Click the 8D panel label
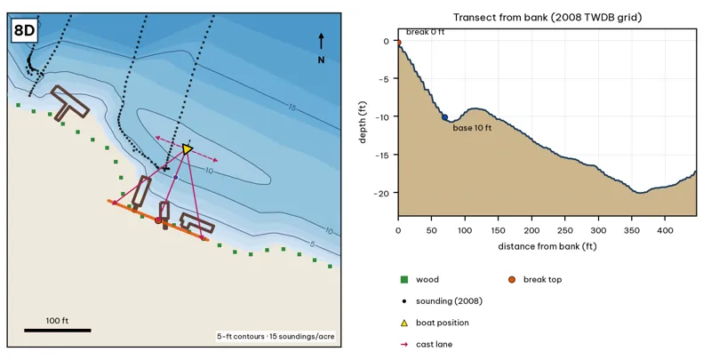tap(25, 31)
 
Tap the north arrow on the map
tap(321, 41)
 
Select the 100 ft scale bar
tap(58, 330)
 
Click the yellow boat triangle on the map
tap(187, 148)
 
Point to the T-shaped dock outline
tap(68, 103)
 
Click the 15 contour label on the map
tap(292, 108)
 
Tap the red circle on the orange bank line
tap(158, 220)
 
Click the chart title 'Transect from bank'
tap(547, 18)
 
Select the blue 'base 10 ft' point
tap(445, 117)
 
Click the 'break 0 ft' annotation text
tap(425, 32)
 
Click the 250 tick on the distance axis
tap(565, 230)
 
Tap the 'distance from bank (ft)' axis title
tap(547, 246)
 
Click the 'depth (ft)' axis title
tap(363, 123)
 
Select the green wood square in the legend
tap(404, 279)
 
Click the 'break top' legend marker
tap(512, 279)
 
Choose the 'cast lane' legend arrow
tap(404, 344)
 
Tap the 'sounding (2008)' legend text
tap(449, 301)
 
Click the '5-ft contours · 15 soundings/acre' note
tap(276, 336)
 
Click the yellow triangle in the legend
tap(404, 323)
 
